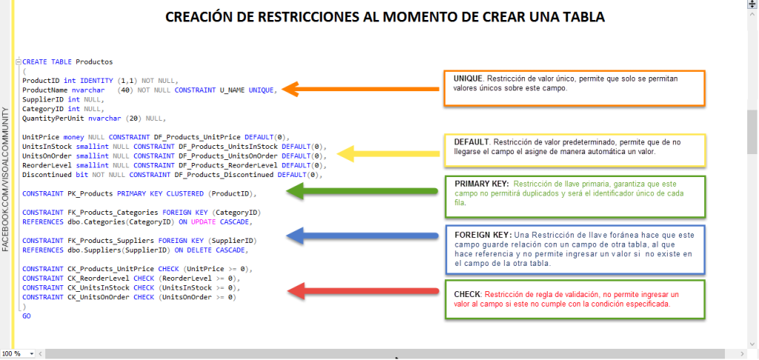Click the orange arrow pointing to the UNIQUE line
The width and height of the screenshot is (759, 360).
point(363,89)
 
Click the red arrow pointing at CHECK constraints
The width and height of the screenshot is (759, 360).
point(363,290)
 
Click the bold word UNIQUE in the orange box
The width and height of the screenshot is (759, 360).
point(468,79)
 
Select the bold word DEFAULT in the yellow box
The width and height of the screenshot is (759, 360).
point(471,141)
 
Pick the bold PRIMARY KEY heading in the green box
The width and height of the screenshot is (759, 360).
point(481,183)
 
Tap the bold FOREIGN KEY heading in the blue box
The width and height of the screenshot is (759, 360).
point(481,234)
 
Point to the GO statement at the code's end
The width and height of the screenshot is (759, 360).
point(27,316)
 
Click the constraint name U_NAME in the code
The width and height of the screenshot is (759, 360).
point(232,90)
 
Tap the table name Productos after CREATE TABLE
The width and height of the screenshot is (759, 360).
point(94,61)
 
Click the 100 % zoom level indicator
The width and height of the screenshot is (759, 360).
point(11,354)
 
